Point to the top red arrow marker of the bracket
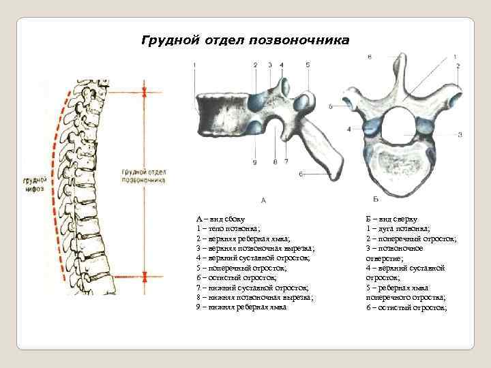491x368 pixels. tap(144, 89)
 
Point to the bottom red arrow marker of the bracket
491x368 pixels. tap(144, 277)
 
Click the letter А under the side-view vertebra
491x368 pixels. tap(263, 200)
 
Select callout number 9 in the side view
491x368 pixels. tap(255, 162)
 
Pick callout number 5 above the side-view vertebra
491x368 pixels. tap(308, 64)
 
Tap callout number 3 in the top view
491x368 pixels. tap(460, 134)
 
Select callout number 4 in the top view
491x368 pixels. tap(348, 128)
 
